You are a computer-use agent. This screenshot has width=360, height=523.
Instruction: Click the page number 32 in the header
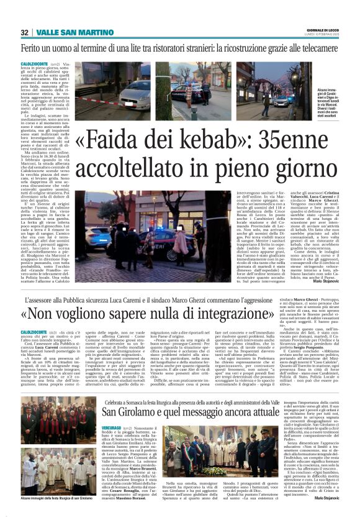point(24,32)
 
